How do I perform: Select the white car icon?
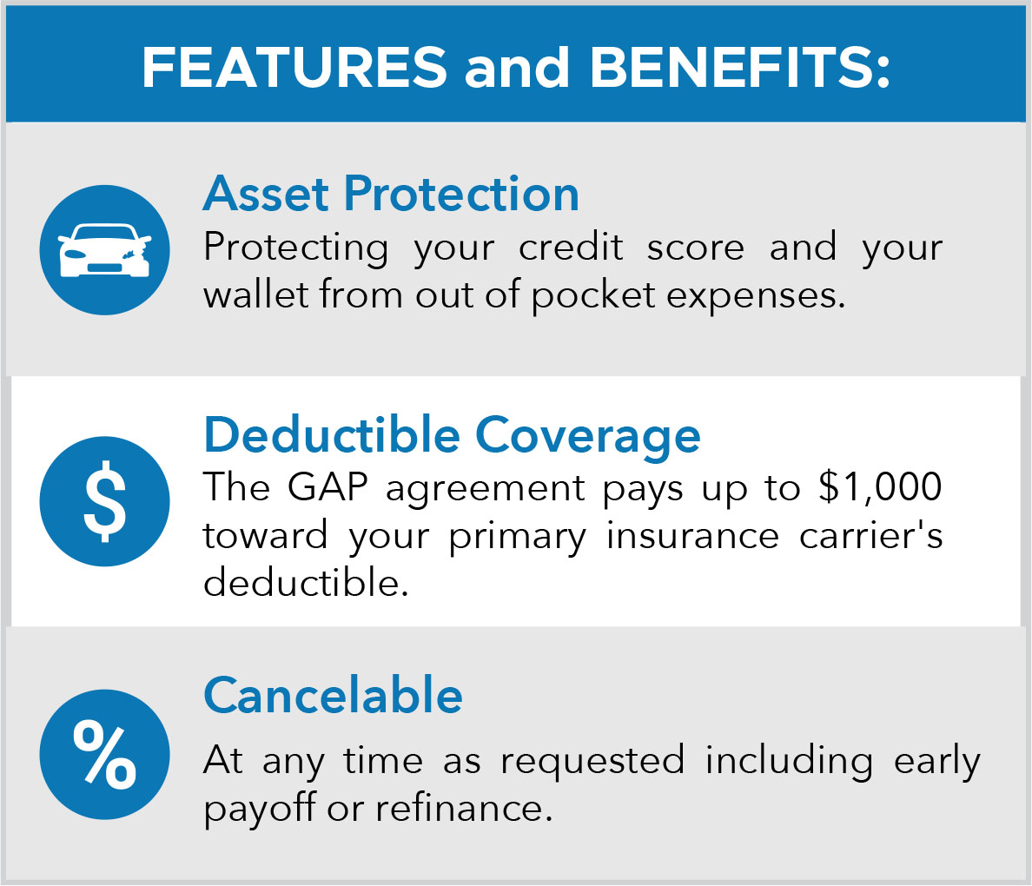[x=104, y=251]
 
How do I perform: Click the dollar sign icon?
[x=104, y=501]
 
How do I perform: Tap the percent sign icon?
[x=104, y=754]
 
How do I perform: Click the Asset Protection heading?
[x=391, y=195]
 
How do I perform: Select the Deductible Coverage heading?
[x=453, y=436]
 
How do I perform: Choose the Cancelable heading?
[x=333, y=695]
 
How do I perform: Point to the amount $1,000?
[x=880, y=488]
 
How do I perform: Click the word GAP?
[x=327, y=488]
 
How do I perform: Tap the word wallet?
[x=255, y=294]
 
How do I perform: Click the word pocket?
[x=592, y=296]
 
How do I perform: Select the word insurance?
[x=692, y=535]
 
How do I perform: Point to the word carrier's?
[x=870, y=535]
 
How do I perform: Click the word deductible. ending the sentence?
[x=306, y=582]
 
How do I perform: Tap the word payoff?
[x=260, y=810]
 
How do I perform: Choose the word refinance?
[x=463, y=808]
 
